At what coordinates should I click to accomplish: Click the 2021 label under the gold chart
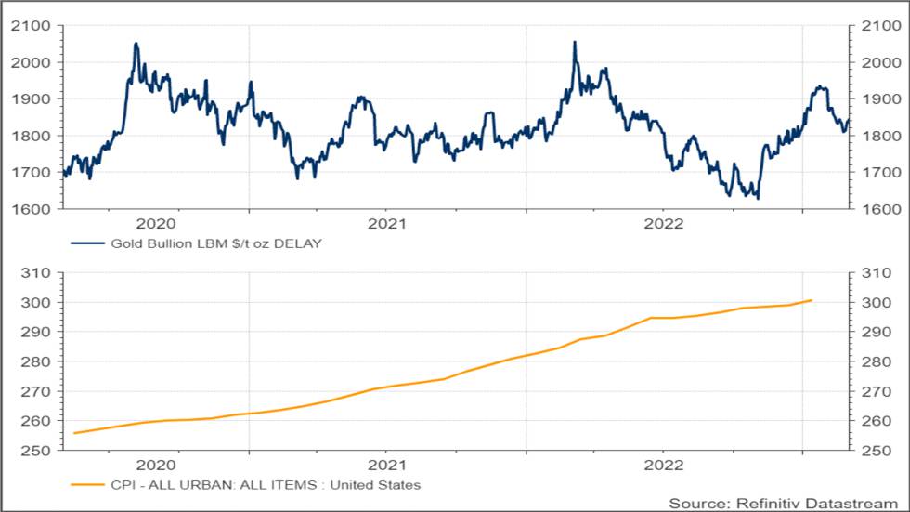pyautogui.click(x=387, y=224)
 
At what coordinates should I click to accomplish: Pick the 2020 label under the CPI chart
pyautogui.click(x=156, y=465)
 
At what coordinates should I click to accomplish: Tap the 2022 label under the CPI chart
pyautogui.click(x=664, y=465)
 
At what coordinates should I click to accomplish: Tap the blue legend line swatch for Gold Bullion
pyautogui.click(x=86, y=244)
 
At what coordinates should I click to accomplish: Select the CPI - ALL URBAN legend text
pyautogui.click(x=266, y=485)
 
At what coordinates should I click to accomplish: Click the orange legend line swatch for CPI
pyautogui.click(x=86, y=485)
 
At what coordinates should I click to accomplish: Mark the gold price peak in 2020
pyautogui.click(x=136, y=44)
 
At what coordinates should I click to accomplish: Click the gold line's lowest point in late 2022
pyautogui.click(x=758, y=198)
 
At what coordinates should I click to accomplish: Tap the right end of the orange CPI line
pyautogui.click(x=812, y=300)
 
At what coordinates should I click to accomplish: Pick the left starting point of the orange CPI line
pyautogui.click(x=73, y=433)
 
